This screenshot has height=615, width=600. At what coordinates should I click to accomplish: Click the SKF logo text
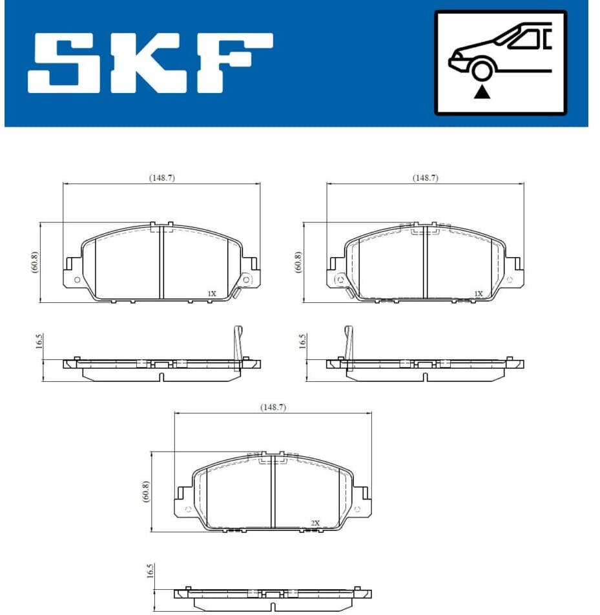tap(150, 63)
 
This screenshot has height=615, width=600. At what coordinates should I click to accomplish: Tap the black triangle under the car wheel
tap(482, 92)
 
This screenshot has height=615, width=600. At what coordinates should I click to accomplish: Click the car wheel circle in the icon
tap(482, 71)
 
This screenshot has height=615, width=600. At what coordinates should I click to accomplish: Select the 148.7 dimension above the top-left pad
tap(162, 178)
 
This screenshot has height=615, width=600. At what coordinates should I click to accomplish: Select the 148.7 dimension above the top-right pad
tap(425, 178)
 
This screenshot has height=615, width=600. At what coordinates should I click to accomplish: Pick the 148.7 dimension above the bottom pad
tap(273, 407)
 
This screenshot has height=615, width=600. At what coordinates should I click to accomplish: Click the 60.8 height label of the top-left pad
tap(35, 262)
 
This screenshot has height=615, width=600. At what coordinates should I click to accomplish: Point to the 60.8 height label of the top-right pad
tap(298, 262)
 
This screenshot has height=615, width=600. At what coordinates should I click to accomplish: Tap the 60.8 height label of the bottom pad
tap(146, 492)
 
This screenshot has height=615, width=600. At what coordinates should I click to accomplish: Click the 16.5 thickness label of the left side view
tap(39, 341)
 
